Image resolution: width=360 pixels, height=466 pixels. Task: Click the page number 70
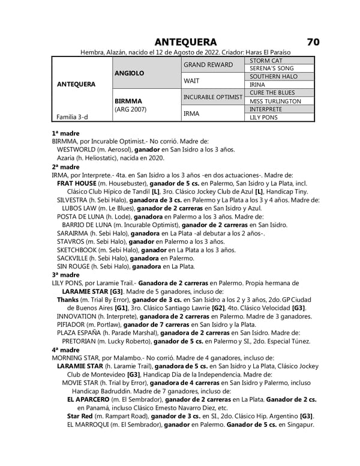(x=313, y=42)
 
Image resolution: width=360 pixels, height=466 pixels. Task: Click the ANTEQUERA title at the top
(x=186, y=42)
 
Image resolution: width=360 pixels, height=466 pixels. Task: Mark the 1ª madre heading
(x=65, y=133)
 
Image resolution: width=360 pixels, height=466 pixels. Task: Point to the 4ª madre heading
(x=65, y=349)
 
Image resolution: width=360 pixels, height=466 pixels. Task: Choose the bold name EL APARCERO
(x=92, y=399)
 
